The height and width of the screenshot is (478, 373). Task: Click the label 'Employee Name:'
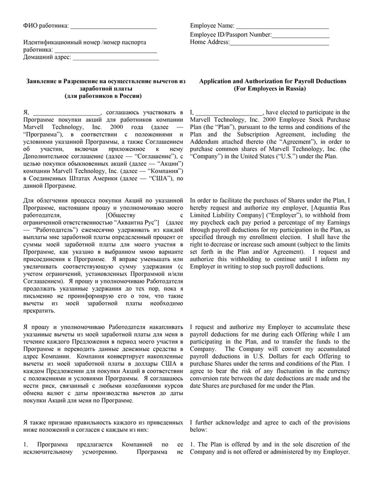point(212,26)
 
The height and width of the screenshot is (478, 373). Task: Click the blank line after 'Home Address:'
point(279,44)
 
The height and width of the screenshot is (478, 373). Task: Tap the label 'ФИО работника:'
point(46,26)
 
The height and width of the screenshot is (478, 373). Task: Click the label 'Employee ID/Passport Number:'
point(231,35)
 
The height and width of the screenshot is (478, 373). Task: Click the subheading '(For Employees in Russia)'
point(269,89)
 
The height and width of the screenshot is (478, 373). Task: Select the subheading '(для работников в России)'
point(104,97)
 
